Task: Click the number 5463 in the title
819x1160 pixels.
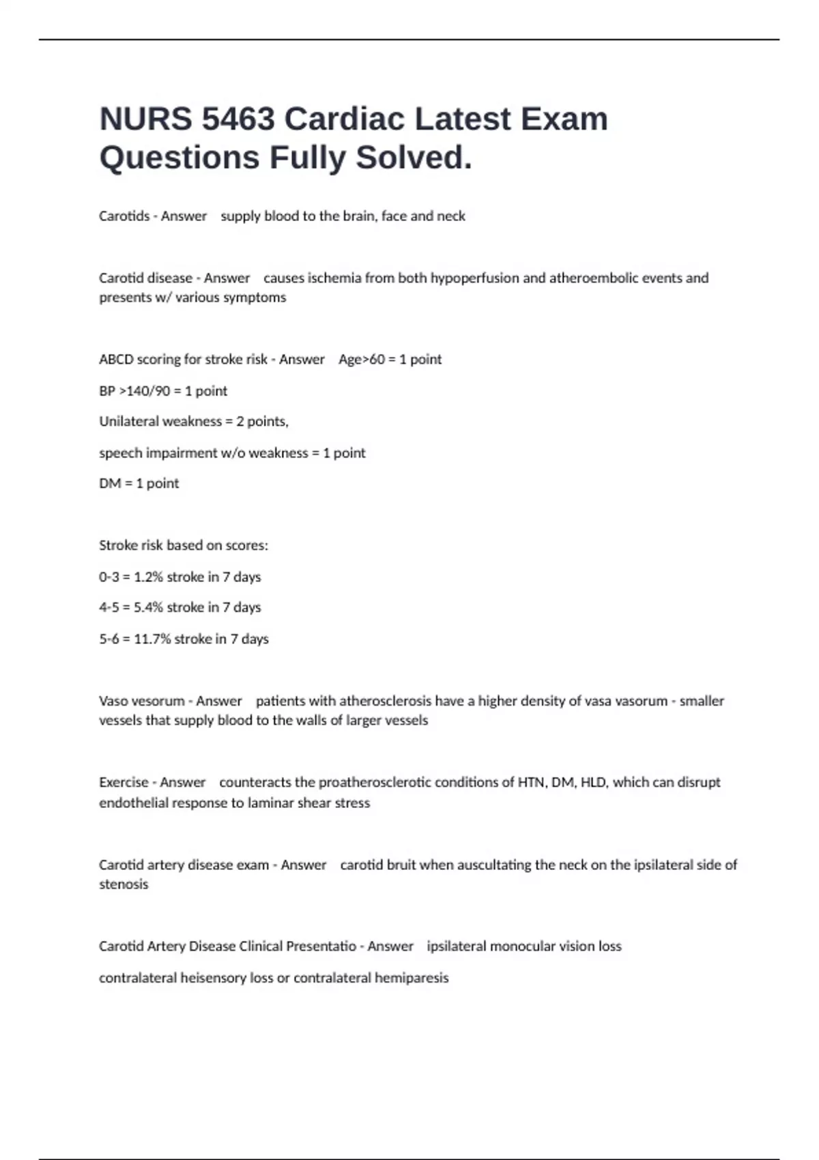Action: tap(238, 119)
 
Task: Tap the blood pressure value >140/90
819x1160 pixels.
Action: tap(145, 391)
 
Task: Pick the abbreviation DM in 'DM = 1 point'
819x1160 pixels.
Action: tap(109, 484)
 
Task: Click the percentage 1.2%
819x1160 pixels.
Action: tap(148, 577)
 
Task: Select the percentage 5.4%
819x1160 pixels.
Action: tap(148, 607)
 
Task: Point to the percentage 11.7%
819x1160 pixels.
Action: tap(152, 639)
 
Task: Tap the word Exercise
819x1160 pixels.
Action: tap(124, 783)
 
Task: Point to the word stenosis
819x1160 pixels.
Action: tap(124, 884)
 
